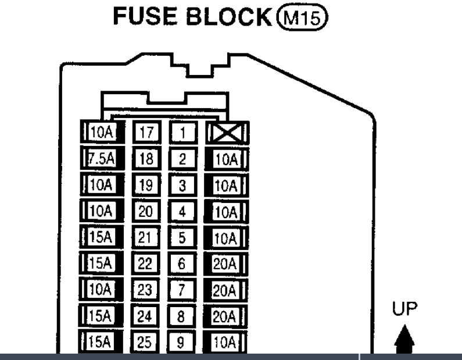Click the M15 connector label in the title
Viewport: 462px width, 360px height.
(x=311, y=18)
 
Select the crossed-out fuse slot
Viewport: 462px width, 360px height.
(x=227, y=133)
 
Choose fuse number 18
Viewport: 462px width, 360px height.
(x=146, y=159)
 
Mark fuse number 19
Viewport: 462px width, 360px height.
(x=146, y=186)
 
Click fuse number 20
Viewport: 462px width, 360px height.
(x=146, y=212)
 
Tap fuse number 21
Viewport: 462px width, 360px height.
(x=146, y=238)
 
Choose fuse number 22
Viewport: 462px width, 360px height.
(x=146, y=264)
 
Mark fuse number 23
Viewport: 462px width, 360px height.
(x=146, y=290)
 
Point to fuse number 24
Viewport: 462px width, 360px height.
(x=146, y=316)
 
